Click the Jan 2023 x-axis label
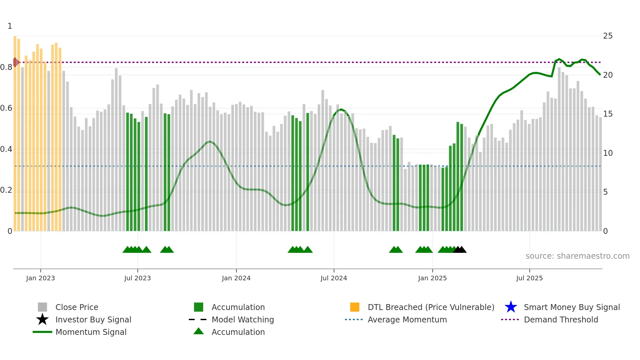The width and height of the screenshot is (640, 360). click(40, 278)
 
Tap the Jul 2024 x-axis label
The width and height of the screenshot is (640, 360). click(334, 278)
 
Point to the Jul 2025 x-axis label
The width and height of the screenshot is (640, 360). click(529, 278)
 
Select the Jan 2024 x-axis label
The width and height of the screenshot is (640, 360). click(236, 278)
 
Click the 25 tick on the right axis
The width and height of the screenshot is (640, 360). click(608, 36)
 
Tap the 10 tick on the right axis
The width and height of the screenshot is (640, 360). click(608, 153)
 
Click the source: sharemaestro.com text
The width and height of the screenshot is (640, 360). click(577, 256)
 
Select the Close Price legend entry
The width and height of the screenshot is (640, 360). click(77, 307)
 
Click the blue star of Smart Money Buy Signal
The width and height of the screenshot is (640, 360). click(511, 307)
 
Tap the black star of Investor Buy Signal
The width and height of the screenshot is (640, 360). click(42, 319)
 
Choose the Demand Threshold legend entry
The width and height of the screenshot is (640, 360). click(561, 319)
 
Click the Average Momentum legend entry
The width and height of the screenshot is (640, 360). click(407, 319)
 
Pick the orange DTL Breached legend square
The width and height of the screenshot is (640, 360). click(355, 307)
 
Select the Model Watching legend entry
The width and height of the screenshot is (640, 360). click(242, 319)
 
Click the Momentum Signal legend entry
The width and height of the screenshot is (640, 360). click(91, 332)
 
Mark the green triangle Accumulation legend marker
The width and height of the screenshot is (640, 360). click(199, 331)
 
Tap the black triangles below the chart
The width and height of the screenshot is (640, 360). click(460, 250)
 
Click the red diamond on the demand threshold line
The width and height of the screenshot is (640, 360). click(15, 62)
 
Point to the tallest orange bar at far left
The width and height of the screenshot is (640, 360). click(15, 131)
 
